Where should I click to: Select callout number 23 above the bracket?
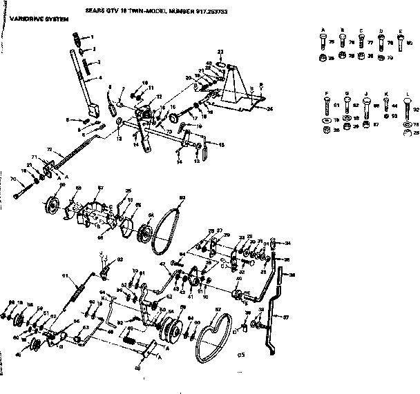click(x=220, y=52)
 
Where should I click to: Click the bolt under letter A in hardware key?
click(x=323, y=44)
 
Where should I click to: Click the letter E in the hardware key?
click(x=400, y=32)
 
